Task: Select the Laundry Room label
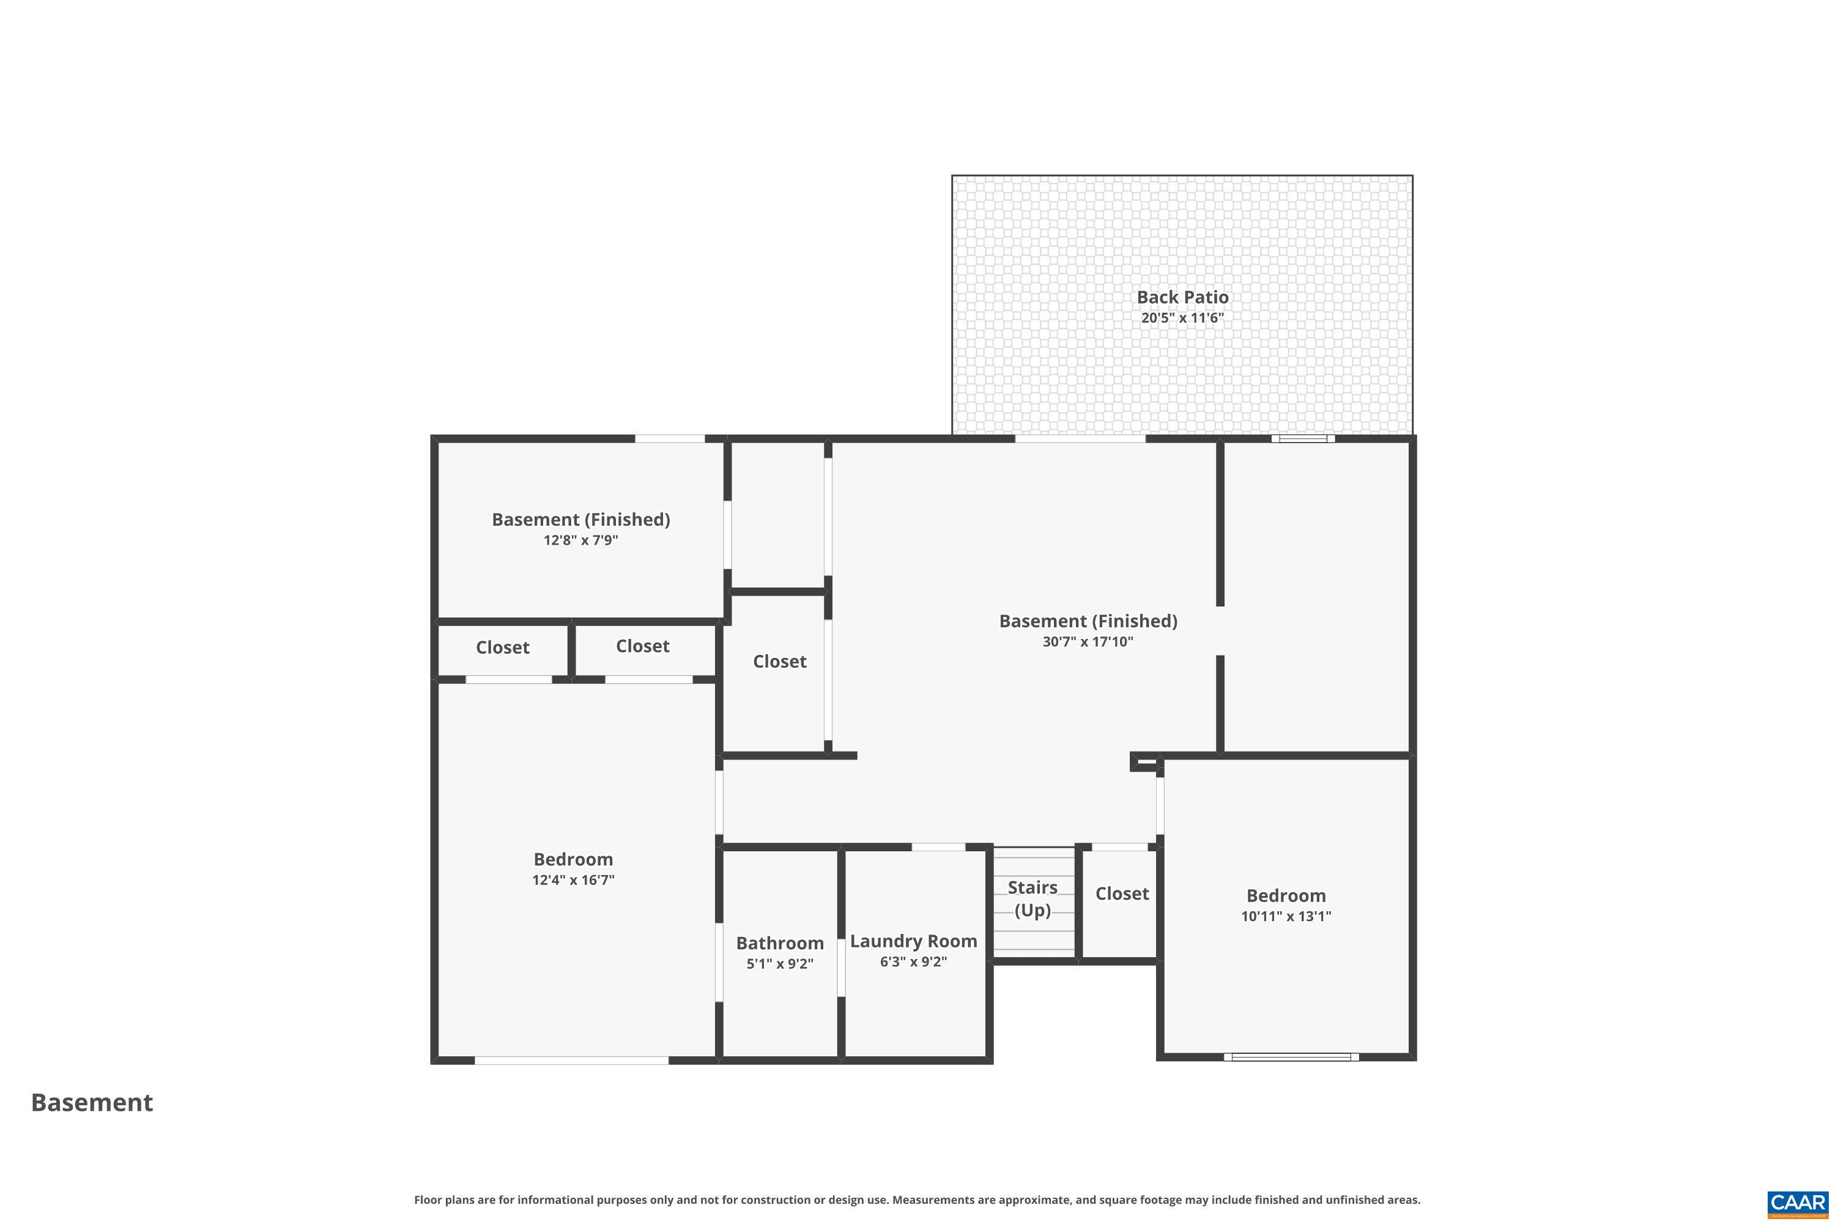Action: [913, 941]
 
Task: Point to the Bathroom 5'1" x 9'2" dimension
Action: [779, 963]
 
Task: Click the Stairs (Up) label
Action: [1032, 898]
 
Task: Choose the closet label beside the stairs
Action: [1121, 893]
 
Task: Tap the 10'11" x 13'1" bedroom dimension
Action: [1286, 916]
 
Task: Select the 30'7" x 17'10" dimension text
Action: [1088, 641]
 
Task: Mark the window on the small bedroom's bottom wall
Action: [1291, 1057]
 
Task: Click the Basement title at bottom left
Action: [92, 1102]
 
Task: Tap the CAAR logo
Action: [1798, 1204]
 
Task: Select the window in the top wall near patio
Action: [1302, 439]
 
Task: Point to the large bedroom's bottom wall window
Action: [571, 1060]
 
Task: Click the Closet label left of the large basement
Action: [779, 661]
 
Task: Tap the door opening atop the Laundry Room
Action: [938, 847]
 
